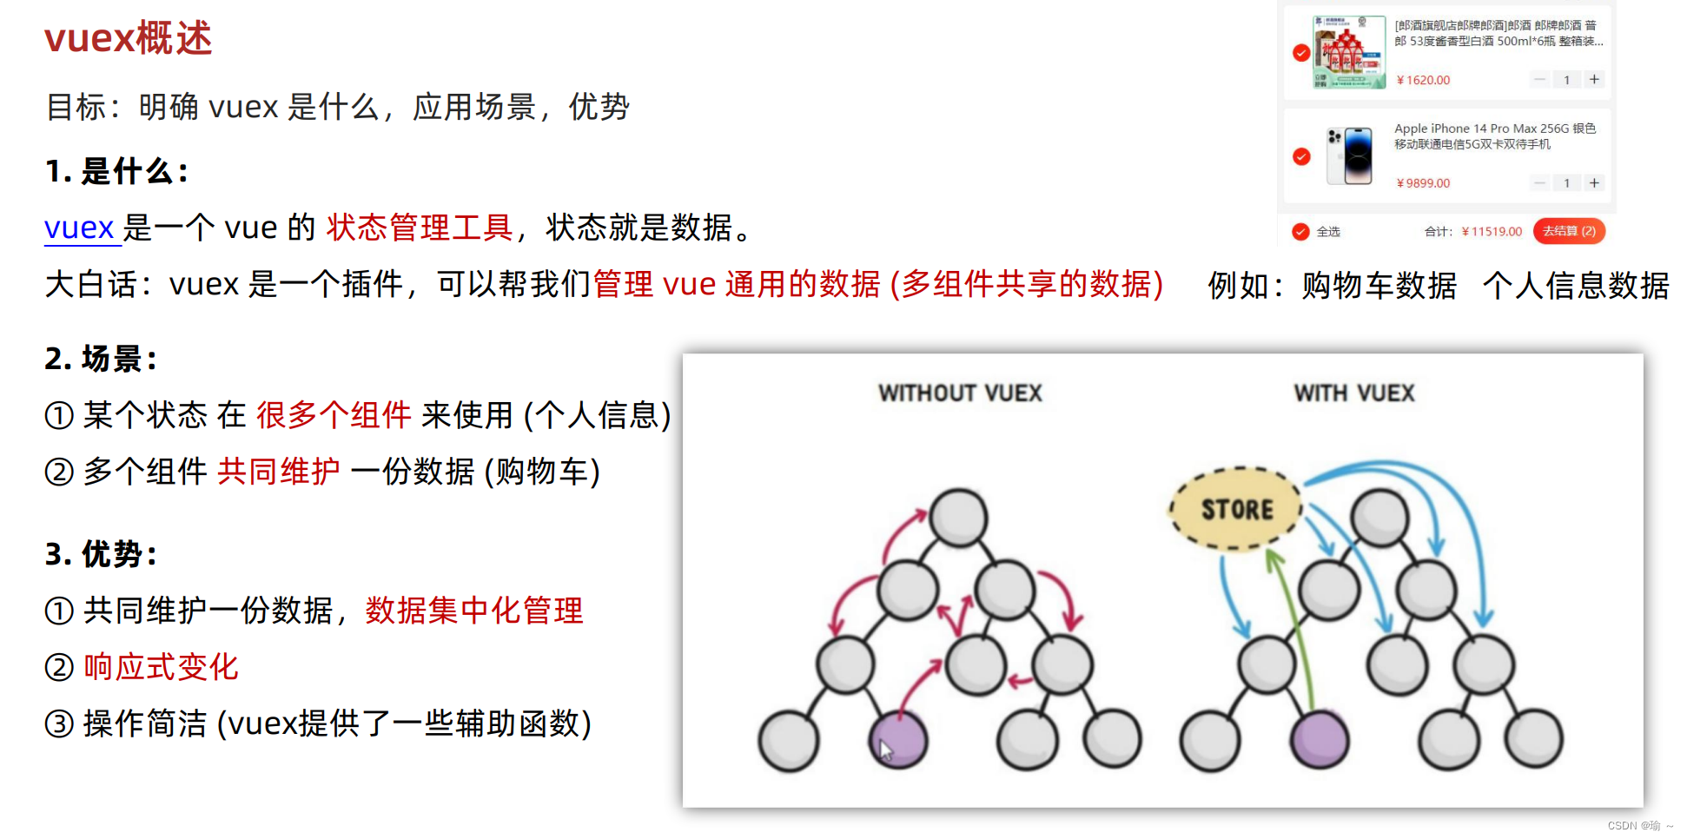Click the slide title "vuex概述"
(x=129, y=39)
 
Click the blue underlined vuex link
(x=80, y=228)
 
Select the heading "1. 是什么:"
(x=116, y=171)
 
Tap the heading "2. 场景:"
(x=101, y=358)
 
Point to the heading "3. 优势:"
(x=101, y=553)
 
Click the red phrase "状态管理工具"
(x=420, y=228)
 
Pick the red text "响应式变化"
(x=161, y=667)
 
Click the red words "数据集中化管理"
(x=474, y=611)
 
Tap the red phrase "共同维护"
(x=278, y=471)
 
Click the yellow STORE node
(x=1236, y=509)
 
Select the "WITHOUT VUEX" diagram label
(x=960, y=393)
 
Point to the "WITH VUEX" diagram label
(x=1354, y=393)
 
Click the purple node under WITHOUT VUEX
(x=899, y=740)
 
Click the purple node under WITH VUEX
(x=1320, y=740)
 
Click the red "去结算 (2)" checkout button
(x=1569, y=231)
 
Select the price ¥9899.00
(x=1423, y=183)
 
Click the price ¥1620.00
(x=1423, y=80)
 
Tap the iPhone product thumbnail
(x=1349, y=156)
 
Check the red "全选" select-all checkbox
(x=1300, y=231)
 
